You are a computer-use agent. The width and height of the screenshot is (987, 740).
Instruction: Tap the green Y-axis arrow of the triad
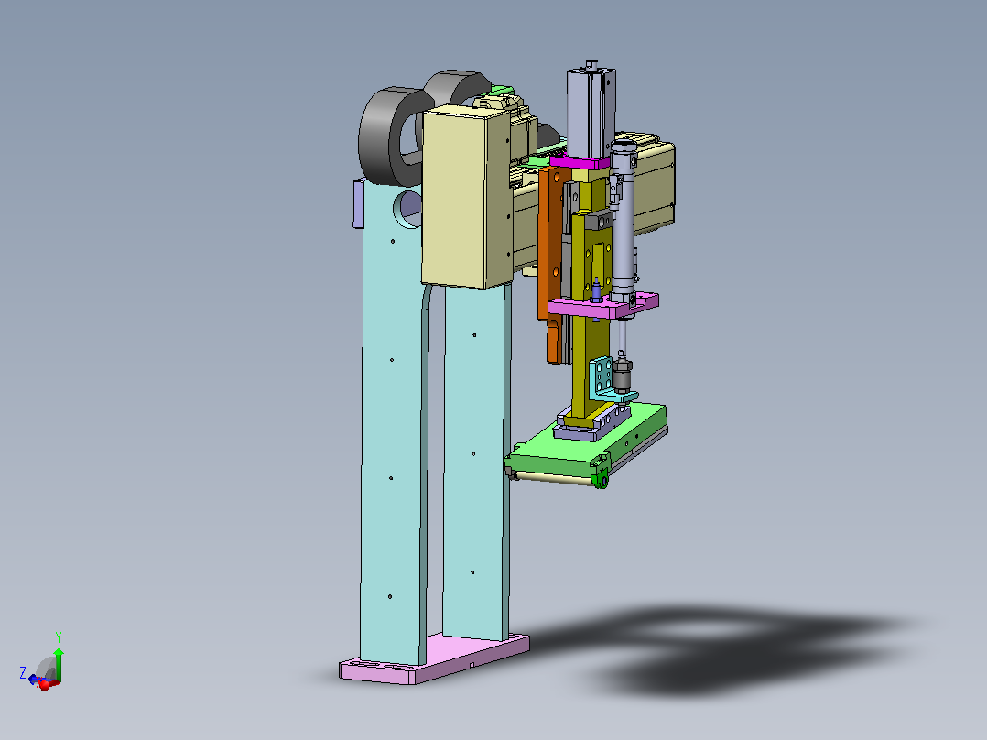[59, 664]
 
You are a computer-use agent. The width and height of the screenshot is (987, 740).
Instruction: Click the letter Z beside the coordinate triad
[23, 673]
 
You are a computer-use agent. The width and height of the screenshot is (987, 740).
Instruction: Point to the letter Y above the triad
[59, 637]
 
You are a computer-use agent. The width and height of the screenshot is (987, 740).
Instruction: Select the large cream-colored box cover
[466, 197]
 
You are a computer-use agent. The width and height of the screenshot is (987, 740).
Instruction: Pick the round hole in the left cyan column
[408, 209]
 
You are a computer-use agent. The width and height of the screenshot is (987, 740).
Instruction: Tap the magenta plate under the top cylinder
[580, 162]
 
